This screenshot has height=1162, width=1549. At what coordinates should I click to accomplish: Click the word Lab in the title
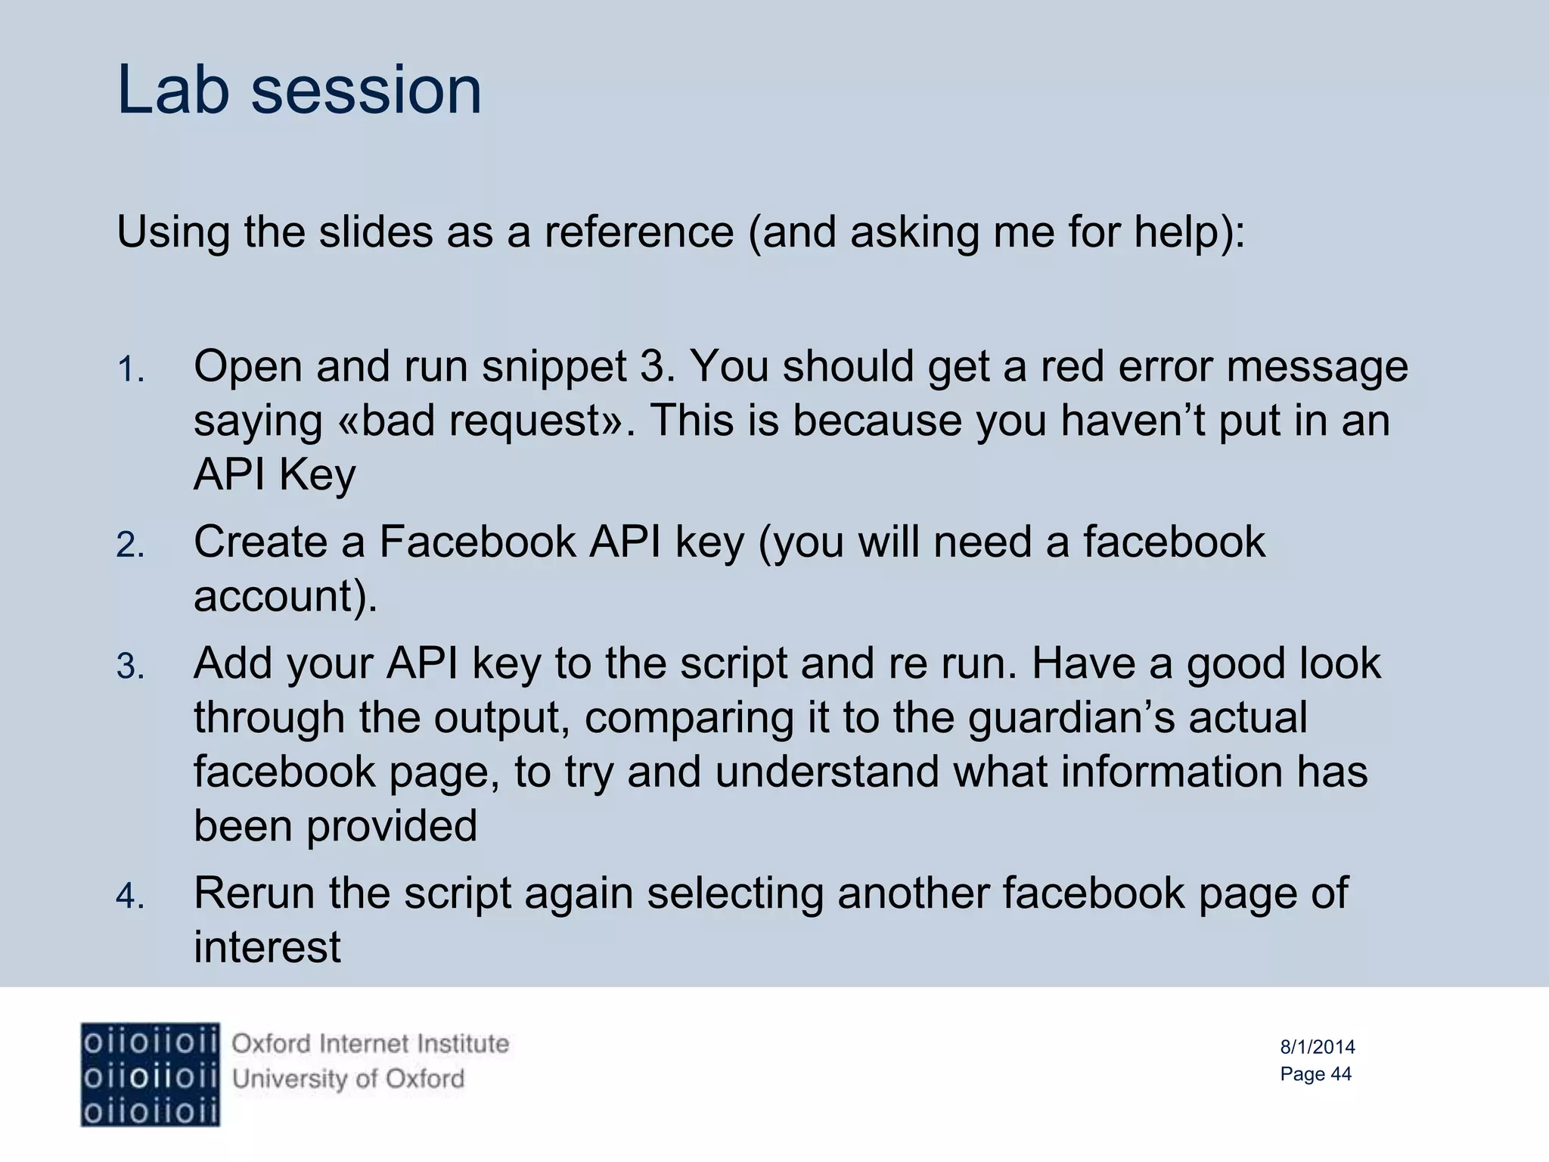pyautogui.click(x=173, y=91)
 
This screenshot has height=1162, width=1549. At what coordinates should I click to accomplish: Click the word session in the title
pyautogui.click(x=366, y=91)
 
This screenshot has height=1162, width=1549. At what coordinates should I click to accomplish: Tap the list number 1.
pyautogui.click(x=130, y=371)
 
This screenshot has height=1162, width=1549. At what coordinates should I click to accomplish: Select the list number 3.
pyautogui.click(x=130, y=667)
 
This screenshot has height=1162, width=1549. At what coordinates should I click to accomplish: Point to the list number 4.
pyautogui.click(x=130, y=896)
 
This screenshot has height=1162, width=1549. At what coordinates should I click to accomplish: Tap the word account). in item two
pyautogui.click(x=285, y=596)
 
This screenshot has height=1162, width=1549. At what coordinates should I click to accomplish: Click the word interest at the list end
pyautogui.click(x=267, y=947)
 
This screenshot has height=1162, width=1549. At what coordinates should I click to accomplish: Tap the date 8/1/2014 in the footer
pyautogui.click(x=1317, y=1047)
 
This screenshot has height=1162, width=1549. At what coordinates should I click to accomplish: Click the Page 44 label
pyautogui.click(x=1315, y=1073)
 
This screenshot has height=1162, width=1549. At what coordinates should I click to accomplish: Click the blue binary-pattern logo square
pyautogui.click(x=151, y=1074)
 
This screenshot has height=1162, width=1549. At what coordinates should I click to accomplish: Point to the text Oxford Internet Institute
pyautogui.click(x=370, y=1044)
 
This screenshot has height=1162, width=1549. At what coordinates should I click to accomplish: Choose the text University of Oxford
pyautogui.click(x=348, y=1078)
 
